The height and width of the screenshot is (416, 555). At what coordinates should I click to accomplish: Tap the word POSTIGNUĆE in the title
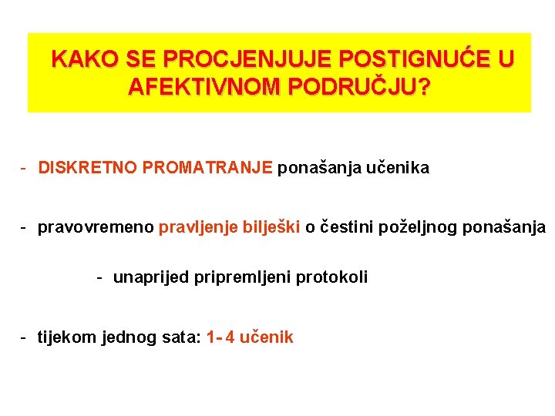tap(416, 59)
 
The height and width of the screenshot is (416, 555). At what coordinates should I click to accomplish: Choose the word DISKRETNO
tap(88, 167)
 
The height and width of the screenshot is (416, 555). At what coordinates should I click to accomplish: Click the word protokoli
tap(334, 277)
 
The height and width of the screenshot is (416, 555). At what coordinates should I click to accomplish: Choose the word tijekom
tap(67, 337)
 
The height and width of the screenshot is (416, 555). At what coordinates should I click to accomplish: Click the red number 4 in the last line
tap(230, 337)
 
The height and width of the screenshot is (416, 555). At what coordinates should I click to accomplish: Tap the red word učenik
tap(267, 337)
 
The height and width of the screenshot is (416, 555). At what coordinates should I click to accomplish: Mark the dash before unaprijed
tap(99, 277)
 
